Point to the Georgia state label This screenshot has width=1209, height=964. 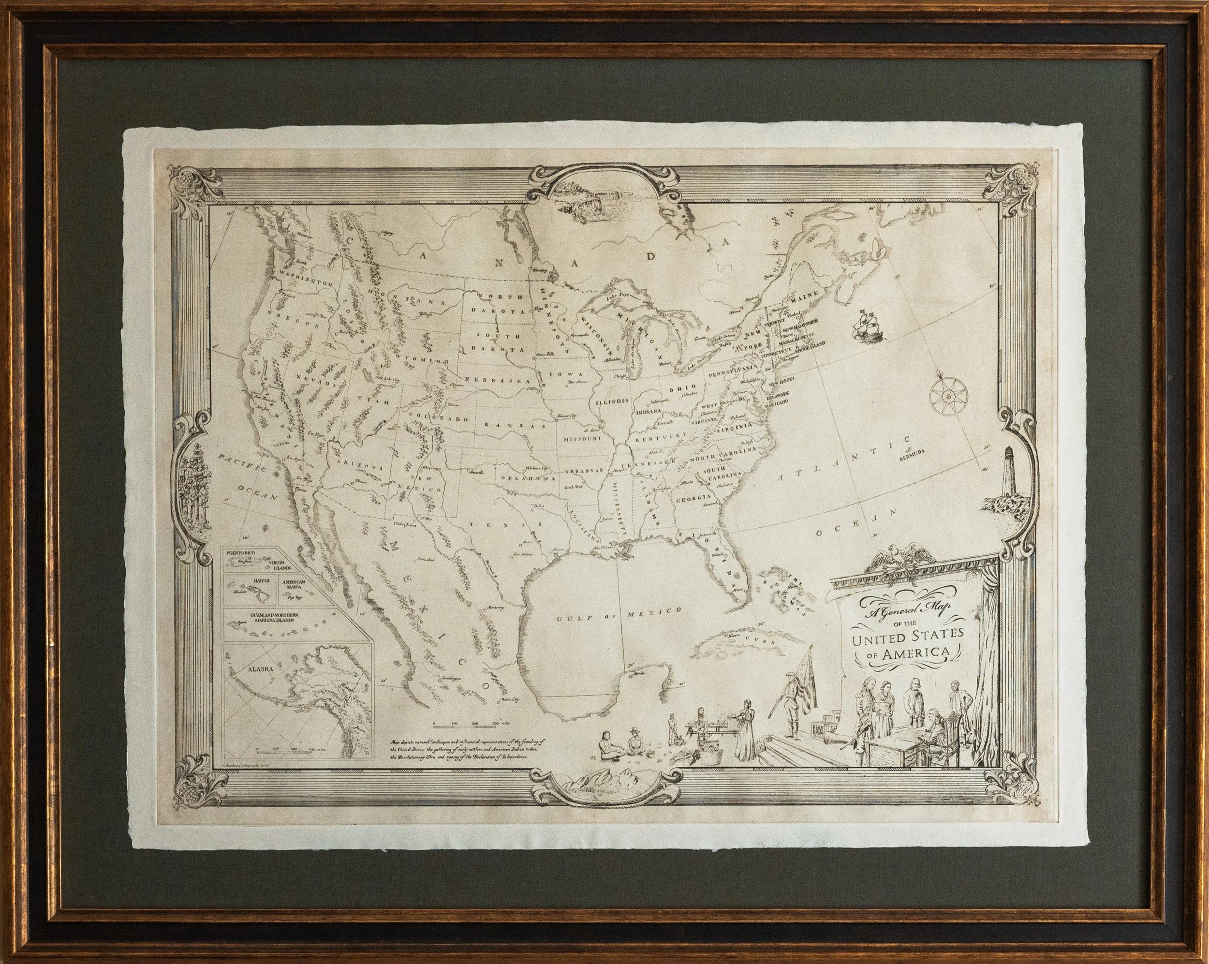(x=693, y=497)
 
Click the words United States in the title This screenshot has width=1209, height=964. (x=907, y=638)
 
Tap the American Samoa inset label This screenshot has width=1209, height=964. (x=295, y=586)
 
